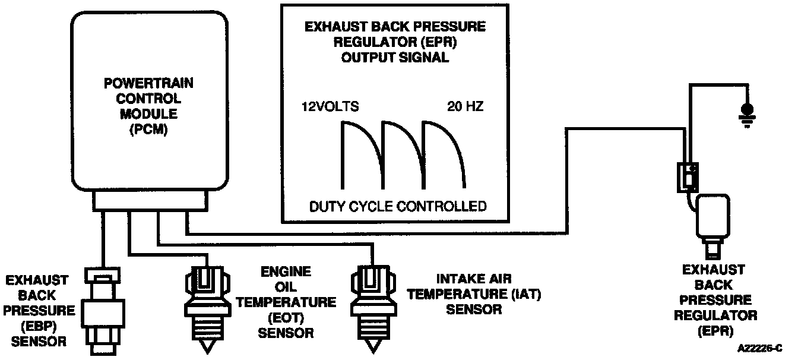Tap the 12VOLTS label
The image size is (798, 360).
tap(330, 106)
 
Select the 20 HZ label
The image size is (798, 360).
tap(465, 106)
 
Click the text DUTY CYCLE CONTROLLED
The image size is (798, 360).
tap(398, 206)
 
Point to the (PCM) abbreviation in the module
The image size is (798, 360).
tap(148, 130)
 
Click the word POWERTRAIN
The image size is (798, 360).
tap(148, 83)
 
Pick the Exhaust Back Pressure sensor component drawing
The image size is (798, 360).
tap(103, 311)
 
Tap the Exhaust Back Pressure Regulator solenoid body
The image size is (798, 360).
tap(713, 216)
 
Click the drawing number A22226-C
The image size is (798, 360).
tap(760, 348)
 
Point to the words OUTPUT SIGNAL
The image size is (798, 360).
tap(395, 58)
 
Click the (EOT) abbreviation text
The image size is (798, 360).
tap(286, 318)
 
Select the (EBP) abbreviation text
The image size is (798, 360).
tap(39, 326)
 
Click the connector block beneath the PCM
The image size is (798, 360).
tap(150, 201)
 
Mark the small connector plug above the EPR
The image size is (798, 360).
tap(688, 178)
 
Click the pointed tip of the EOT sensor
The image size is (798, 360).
tap(207, 353)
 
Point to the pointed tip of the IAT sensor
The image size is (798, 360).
tap(373, 353)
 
